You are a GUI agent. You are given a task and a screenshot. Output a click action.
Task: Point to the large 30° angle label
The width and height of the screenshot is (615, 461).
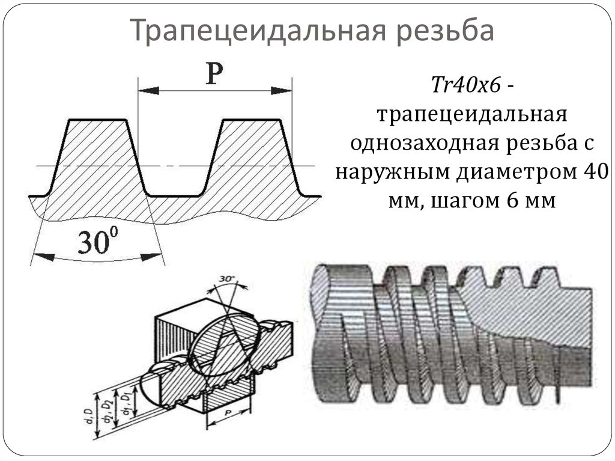tap(95, 243)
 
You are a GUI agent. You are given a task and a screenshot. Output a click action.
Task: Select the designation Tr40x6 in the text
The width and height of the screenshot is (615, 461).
tap(466, 87)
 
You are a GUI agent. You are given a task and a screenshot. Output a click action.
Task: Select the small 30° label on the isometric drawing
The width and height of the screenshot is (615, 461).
tap(226, 279)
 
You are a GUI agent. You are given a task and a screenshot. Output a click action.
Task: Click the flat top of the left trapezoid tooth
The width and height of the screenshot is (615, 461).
tap(98, 120)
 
